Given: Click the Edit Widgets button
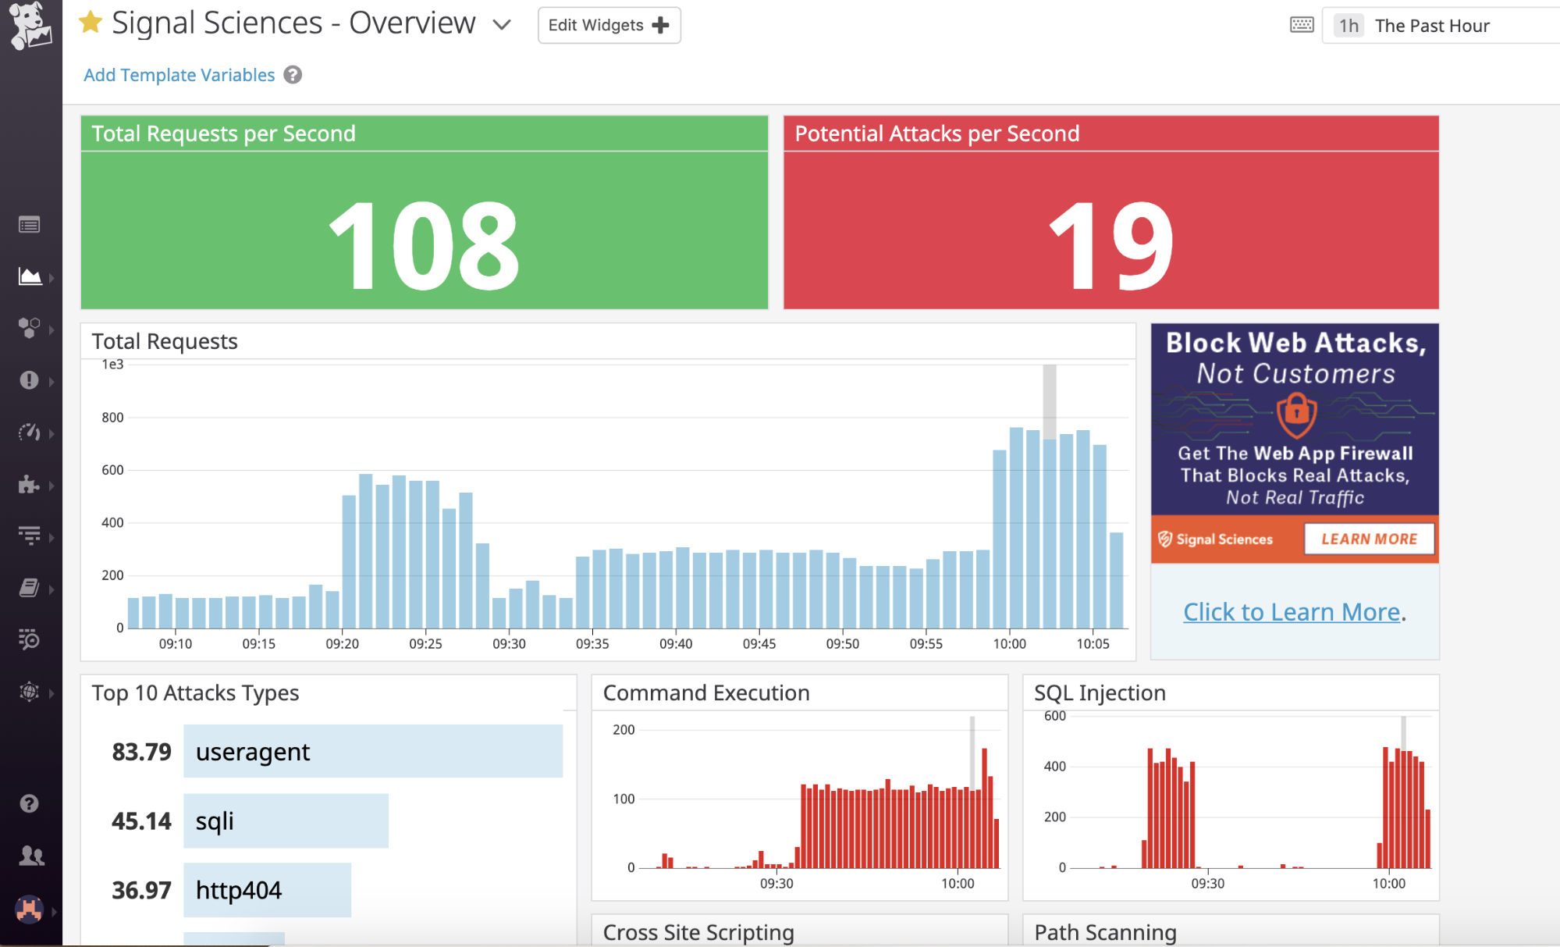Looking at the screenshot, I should tap(609, 25).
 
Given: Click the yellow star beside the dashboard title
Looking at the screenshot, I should tap(91, 23).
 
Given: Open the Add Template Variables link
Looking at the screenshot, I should tap(179, 75).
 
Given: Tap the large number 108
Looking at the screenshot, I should tap(424, 246).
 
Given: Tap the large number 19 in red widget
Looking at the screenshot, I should tap(1110, 246).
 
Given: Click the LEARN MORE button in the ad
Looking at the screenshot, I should tap(1369, 539).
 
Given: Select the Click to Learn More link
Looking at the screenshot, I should tap(1292, 612).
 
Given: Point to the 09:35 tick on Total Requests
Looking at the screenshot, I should tap(592, 643).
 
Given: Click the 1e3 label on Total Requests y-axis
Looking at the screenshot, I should tap(112, 365).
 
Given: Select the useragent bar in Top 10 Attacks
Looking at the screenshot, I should tap(373, 751).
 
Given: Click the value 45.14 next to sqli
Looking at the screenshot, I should tap(141, 821).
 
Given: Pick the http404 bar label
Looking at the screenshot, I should tap(239, 890).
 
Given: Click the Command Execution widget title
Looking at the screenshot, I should tap(706, 693).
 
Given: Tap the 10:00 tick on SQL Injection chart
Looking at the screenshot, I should tap(1388, 883).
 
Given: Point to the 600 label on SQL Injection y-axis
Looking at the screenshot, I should tap(1054, 716).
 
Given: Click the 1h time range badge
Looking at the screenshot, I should tap(1349, 26).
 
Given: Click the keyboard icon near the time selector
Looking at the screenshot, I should tap(1302, 25).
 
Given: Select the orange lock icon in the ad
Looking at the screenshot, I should tap(1296, 413).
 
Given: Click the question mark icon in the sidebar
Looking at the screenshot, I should tap(29, 803).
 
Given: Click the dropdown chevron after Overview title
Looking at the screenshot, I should tap(502, 25).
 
